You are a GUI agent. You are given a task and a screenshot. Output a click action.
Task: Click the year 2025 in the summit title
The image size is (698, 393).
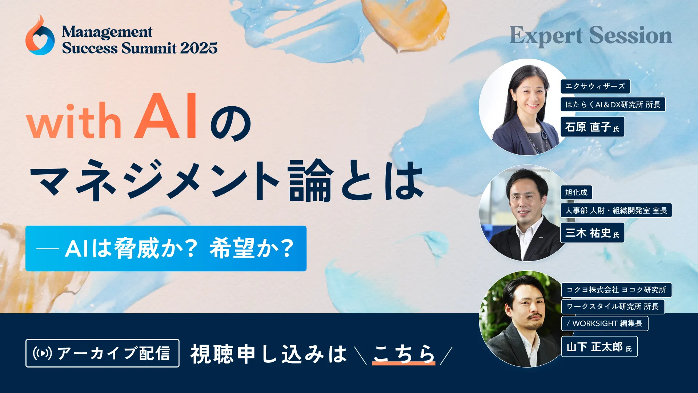(198, 48)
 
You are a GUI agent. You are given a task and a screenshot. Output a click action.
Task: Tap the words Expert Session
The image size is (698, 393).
(591, 36)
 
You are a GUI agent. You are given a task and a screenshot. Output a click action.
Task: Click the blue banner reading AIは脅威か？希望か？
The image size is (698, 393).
(166, 249)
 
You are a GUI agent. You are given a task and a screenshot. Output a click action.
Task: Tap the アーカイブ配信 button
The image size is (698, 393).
(103, 353)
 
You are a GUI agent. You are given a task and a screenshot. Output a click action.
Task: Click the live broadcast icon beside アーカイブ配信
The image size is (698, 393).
(42, 353)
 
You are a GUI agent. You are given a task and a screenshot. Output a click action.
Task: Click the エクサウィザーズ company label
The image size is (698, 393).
(595, 87)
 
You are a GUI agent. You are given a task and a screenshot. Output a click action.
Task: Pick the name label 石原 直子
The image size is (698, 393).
(592, 127)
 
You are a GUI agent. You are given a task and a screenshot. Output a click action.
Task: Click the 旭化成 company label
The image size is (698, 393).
(576, 192)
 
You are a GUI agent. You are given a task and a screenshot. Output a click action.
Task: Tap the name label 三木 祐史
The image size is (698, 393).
(592, 233)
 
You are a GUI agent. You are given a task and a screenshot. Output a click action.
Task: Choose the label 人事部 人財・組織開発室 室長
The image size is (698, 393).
(616, 210)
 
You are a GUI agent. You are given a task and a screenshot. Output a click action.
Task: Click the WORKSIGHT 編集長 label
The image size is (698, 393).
(605, 323)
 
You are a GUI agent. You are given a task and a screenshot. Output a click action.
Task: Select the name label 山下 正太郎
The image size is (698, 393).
(599, 347)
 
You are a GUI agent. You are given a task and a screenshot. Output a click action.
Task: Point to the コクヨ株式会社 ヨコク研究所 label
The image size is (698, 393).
(616, 290)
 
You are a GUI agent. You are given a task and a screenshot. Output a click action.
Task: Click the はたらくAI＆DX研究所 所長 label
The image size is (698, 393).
(613, 105)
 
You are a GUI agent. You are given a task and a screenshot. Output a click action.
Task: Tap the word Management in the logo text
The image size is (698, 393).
(107, 32)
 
